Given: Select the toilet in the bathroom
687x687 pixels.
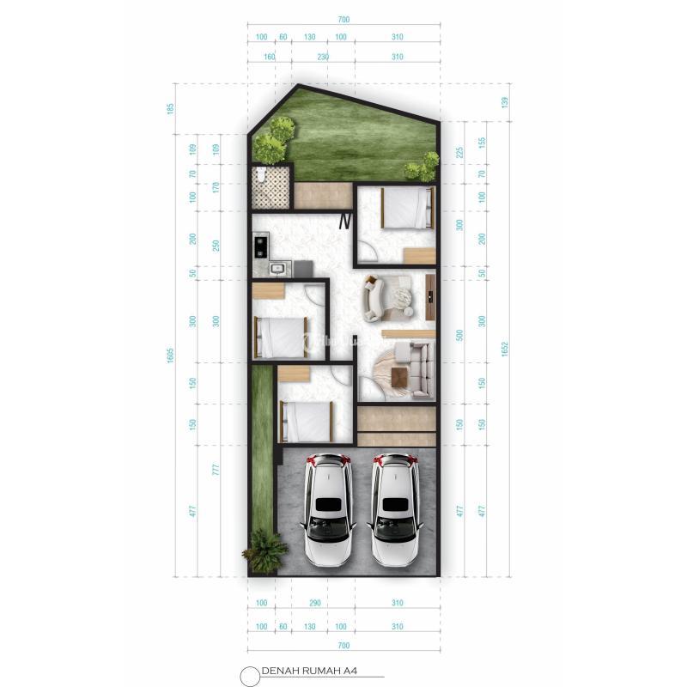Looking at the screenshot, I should click(258, 178).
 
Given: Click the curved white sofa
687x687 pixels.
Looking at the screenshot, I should click(374, 298).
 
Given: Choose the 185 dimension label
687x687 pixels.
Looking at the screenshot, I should click(171, 109).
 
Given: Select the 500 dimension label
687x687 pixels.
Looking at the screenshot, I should click(459, 334).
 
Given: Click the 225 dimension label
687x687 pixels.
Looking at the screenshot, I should click(459, 153).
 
